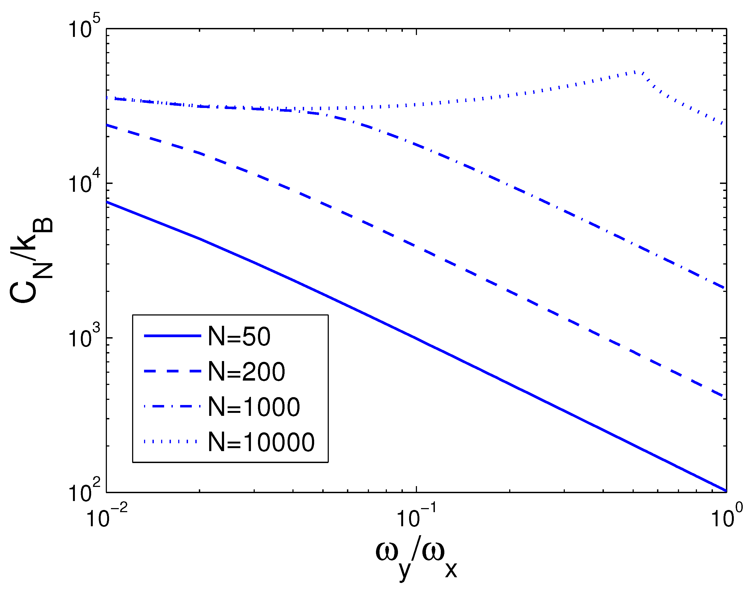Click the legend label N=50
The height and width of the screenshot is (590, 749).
pyautogui.click(x=239, y=336)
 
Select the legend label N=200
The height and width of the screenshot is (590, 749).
pyautogui.click(x=246, y=372)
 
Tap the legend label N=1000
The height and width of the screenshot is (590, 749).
pyautogui.click(x=254, y=407)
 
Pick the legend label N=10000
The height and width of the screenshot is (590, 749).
pyautogui.click(x=261, y=442)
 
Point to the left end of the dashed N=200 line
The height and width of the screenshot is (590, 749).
pyautogui.click(x=107, y=125)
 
